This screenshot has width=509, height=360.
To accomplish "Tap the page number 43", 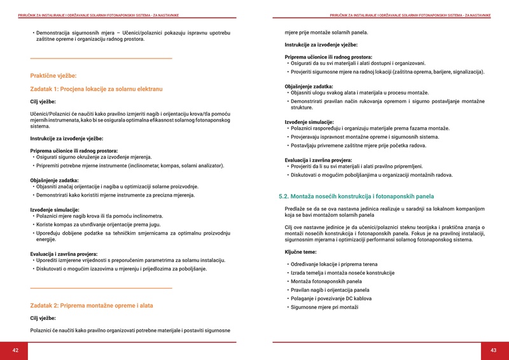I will tap(493, 350).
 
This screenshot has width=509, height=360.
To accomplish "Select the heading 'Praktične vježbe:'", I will tap(53, 76).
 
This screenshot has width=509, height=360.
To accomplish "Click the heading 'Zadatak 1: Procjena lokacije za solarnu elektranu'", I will tap(97, 88).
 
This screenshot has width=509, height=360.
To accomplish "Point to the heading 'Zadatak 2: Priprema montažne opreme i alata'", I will tap(92, 305).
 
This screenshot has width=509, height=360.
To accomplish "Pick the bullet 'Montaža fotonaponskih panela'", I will tap(326, 281).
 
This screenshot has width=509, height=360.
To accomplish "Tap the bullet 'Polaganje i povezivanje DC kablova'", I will tap(330, 298).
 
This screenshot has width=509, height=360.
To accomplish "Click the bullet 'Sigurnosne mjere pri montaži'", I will tap(324, 307).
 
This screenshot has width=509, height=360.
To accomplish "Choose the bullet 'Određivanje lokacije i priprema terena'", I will tap(333, 264).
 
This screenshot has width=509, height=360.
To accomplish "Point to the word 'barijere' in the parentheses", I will tap(431, 72).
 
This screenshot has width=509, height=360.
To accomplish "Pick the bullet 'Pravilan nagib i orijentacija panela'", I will tap(330, 290).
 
